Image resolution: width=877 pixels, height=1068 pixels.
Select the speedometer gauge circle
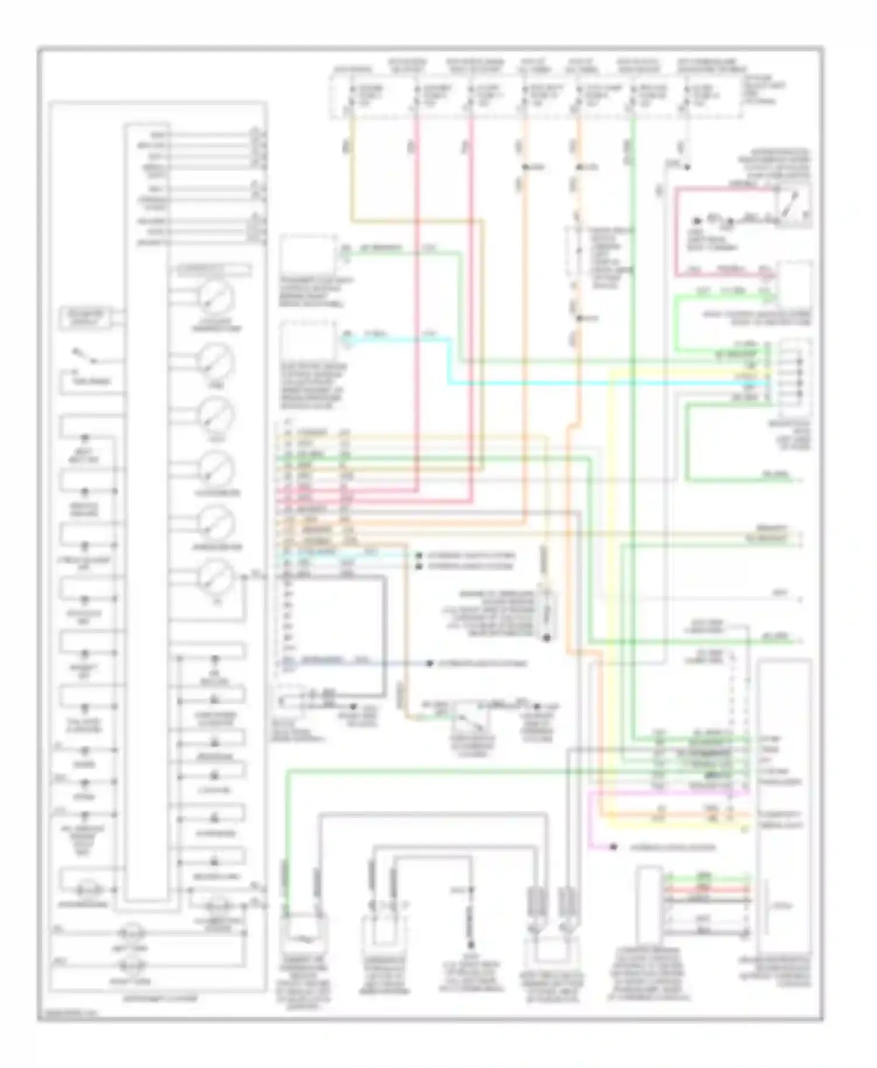tap(216, 468)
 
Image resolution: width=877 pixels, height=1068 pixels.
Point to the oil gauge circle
tap(216, 576)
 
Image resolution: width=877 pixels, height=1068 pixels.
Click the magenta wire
tap(591, 818)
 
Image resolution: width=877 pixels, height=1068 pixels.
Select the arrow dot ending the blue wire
tap(430, 664)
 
